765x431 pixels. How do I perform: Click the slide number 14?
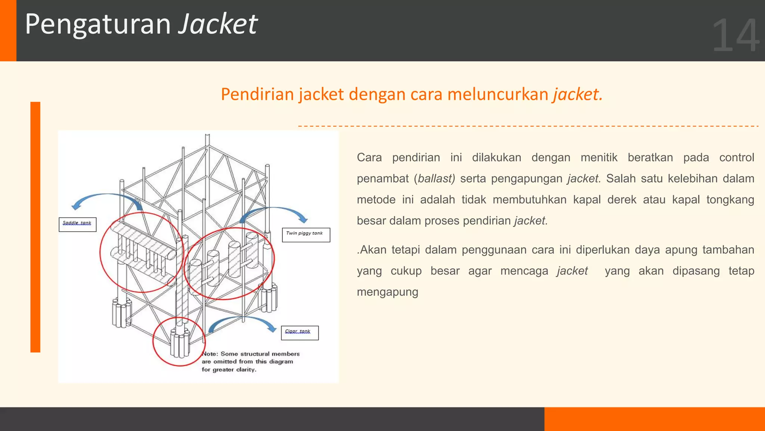[x=735, y=36]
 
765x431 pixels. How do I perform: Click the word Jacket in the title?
[x=218, y=24]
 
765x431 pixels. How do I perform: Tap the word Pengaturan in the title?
[x=98, y=25]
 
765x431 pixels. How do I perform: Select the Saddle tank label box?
[x=77, y=224]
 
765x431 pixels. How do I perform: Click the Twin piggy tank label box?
[x=306, y=235]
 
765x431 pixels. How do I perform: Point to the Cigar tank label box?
[x=300, y=333]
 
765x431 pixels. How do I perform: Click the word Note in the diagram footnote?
[x=209, y=354]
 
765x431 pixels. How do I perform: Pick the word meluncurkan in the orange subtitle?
[x=498, y=94]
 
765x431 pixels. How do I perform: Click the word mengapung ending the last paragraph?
[x=387, y=292]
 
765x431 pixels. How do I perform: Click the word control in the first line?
[x=737, y=158]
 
